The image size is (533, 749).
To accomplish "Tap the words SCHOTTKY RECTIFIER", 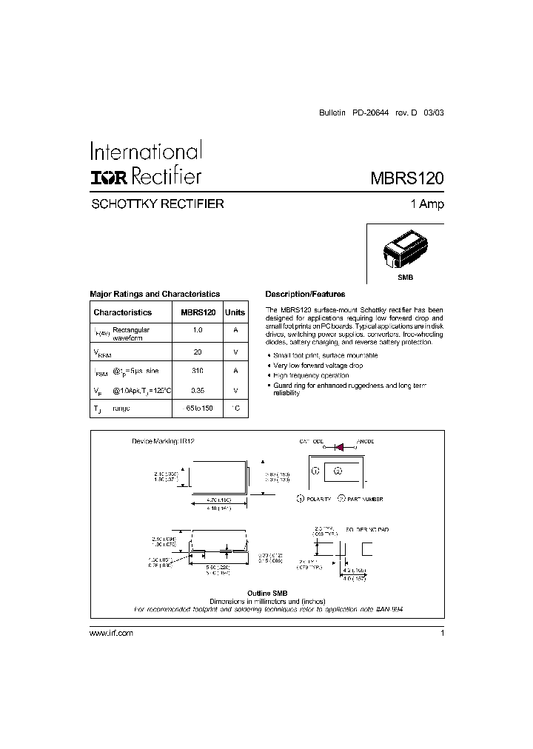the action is click(156, 204).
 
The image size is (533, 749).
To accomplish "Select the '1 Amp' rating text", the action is click(427, 204).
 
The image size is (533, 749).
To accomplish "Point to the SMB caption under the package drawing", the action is click(405, 276).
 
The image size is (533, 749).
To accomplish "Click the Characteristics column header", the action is click(122, 312).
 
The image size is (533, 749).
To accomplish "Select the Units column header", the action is click(235, 312).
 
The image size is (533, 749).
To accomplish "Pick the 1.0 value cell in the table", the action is click(197, 330).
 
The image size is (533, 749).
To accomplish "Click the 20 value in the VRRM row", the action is click(197, 352).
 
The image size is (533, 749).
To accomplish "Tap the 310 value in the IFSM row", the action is click(197, 370).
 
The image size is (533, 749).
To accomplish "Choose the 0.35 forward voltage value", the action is click(197, 390).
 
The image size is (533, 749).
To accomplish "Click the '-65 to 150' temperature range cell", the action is click(198, 409).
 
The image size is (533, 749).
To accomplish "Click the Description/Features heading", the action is click(305, 294).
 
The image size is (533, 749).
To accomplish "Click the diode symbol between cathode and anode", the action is click(341, 447).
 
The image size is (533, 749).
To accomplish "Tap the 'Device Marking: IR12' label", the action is click(162, 441).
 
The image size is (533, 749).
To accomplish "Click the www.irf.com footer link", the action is click(111, 634).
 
